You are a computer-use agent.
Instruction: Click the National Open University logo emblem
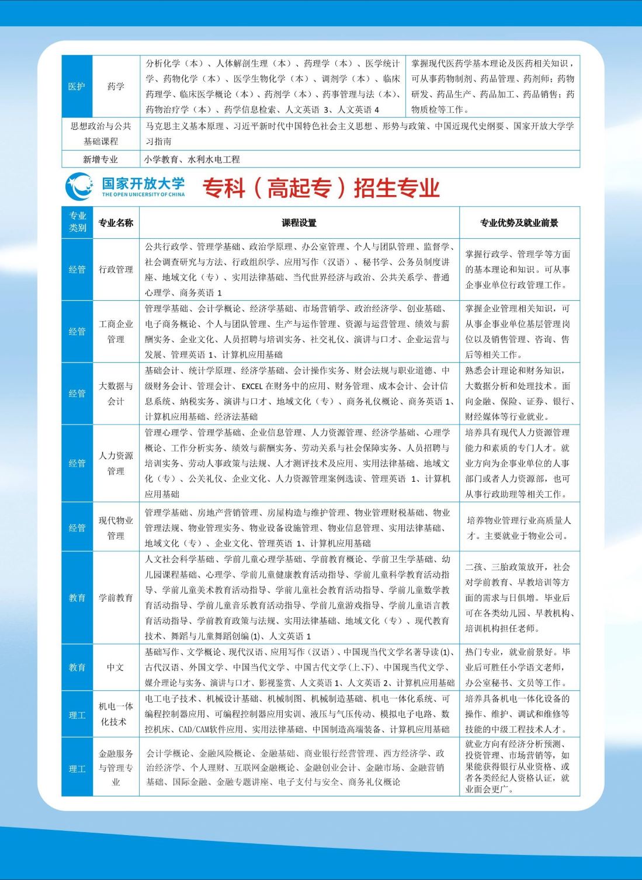[x=79, y=186]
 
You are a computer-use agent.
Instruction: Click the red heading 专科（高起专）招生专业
[x=321, y=188]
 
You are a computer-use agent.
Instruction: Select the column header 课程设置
[x=299, y=222]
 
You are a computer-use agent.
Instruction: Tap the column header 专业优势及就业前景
[x=519, y=222]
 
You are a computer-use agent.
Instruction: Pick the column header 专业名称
[x=116, y=222]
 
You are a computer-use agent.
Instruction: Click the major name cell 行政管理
[x=116, y=269]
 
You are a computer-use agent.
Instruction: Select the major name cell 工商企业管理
[x=116, y=331]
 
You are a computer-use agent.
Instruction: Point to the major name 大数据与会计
[x=116, y=394]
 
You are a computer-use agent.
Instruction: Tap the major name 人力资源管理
[x=116, y=463]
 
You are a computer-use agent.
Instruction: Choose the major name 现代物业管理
[x=116, y=528]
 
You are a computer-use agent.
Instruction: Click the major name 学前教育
[x=116, y=597]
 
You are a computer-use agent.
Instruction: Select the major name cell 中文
[x=116, y=667]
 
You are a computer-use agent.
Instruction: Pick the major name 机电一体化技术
[x=116, y=714]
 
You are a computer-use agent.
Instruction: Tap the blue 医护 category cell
[x=77, y=86]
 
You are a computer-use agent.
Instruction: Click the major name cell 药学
[x=116, y=86]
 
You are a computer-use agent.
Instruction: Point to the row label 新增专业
[x=100, y=159]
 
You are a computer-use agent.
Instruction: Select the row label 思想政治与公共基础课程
[x=100, y=134]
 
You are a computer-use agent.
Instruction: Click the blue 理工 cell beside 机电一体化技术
[x=77, y=715]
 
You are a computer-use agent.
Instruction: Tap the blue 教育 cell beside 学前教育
[x=77, y=597]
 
